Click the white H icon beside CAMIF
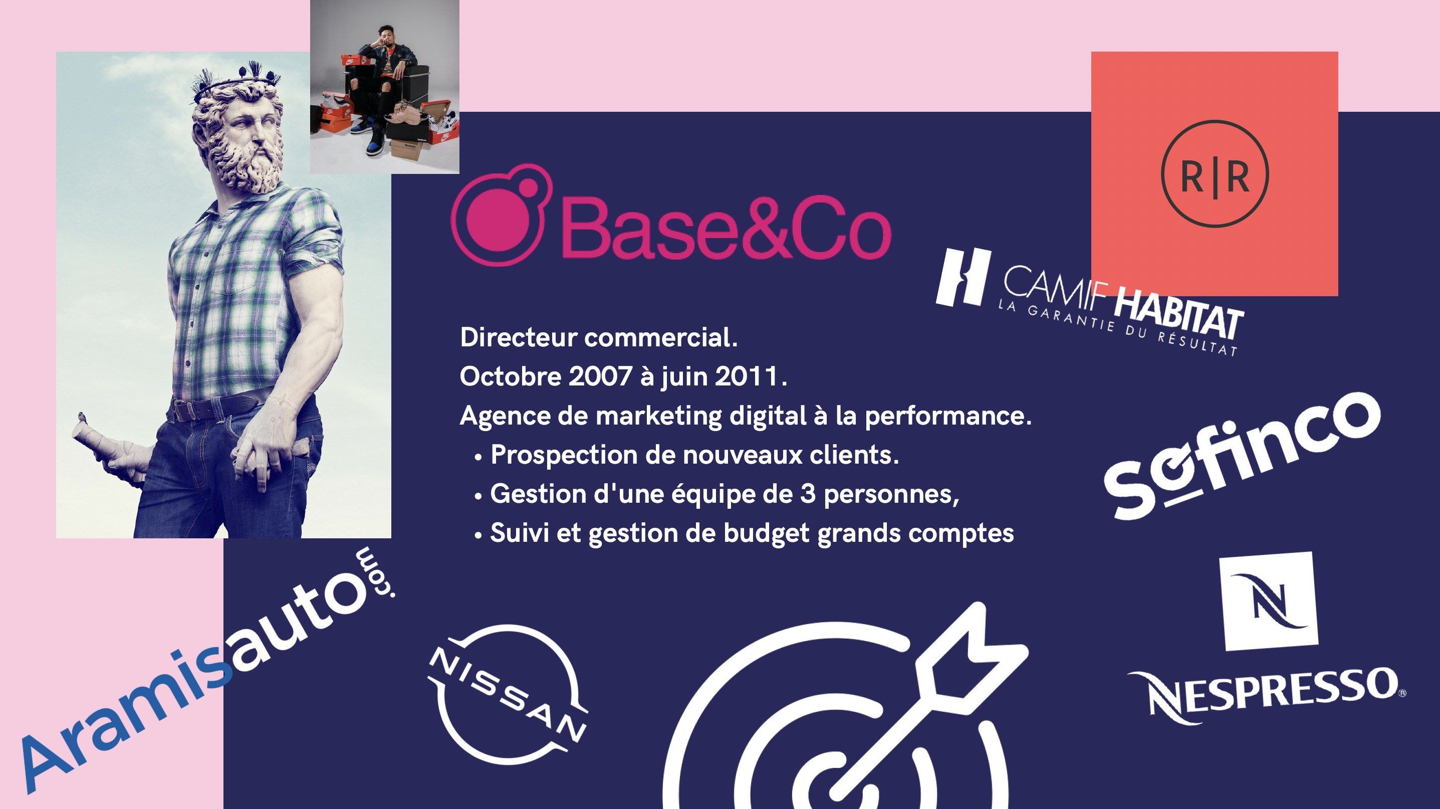pyautogui.click(x=963, y=277)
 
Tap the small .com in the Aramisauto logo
pyautogui.click(x=375, y=573)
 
